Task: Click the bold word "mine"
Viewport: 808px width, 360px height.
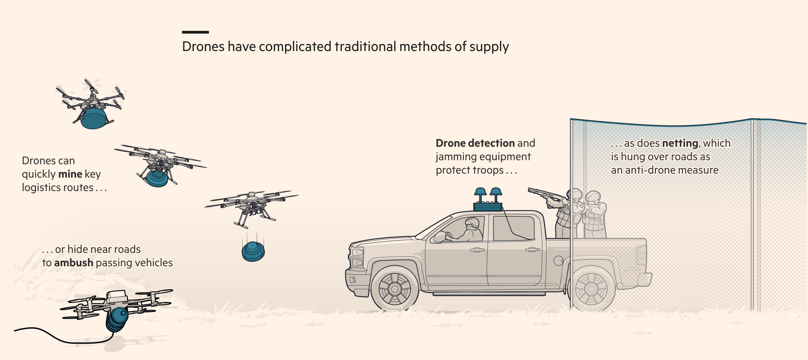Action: pos(70,174)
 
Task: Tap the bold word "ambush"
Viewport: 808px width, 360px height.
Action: pos(74,263)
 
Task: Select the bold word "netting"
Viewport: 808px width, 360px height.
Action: pos(680,143)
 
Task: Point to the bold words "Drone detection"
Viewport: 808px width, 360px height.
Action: pos(475,143)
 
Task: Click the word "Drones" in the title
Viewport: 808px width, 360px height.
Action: pos(203,47)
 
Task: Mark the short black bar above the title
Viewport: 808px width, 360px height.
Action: pos(195,32)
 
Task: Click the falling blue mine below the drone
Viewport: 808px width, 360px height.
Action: pos(253,252)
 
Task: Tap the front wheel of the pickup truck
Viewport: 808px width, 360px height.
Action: pos(395,288)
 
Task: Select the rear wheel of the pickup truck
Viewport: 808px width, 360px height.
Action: pos(591,288)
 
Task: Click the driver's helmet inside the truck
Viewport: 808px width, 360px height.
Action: pos(472,222)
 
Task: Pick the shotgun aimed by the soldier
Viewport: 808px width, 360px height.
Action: pos(544,194)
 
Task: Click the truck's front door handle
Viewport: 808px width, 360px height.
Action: pos(477,250)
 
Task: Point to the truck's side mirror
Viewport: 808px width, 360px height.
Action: pos(440,237)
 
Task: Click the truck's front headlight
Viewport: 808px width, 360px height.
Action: pos(357,253)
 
